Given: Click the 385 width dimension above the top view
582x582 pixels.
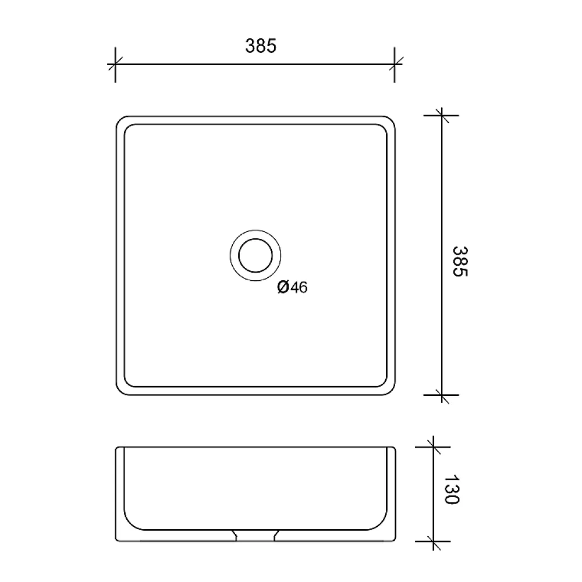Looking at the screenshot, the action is (x=261, y=46).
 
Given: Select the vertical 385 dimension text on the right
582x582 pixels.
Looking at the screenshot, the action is (x=460, y=261).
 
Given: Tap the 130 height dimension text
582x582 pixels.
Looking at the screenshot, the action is (x=452, y=489).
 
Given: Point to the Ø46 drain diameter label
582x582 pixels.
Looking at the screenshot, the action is (x=293, y=287).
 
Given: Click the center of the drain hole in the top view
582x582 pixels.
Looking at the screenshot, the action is (x=255, y=255).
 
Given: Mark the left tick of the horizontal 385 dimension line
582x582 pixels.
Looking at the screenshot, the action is (x=115, y=65).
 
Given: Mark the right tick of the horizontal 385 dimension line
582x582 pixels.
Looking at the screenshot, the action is (x=395, y=65).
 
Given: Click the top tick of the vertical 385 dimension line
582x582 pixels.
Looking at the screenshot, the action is (x=442, y=116).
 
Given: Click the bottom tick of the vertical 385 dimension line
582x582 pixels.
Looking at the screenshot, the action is (x=442, y=395).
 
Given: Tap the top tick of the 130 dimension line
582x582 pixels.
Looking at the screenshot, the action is (x=434, y=447).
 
